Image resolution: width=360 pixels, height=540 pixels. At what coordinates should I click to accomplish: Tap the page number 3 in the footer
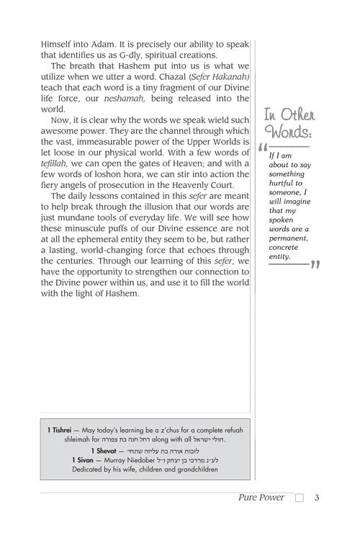coord(316,516)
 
